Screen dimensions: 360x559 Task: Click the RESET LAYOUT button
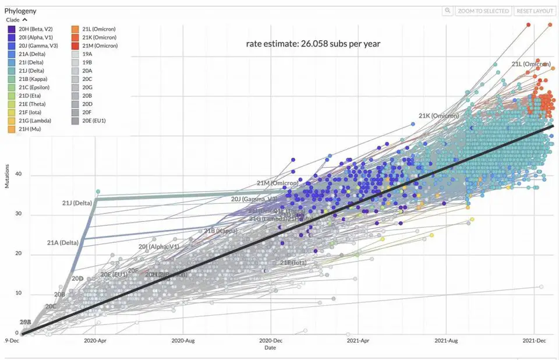(535, 11)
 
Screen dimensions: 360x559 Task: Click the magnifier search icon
(447, 11)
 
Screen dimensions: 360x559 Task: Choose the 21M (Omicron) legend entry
(96, 45)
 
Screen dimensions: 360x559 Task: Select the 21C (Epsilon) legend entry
(33, 87)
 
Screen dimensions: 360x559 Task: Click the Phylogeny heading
(20, 10)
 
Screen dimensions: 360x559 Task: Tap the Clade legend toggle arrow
(24, 20)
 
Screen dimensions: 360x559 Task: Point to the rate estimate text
(313, 44)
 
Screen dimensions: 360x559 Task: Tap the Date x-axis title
(270, 347)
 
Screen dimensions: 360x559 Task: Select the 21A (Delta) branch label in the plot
(62, 242)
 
